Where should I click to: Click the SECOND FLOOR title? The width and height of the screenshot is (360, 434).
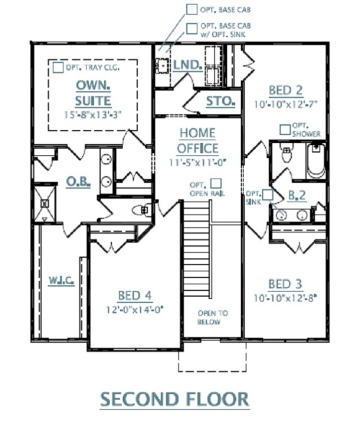[x=175, y=399]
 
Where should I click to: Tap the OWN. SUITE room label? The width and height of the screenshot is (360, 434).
[x=93, y=93]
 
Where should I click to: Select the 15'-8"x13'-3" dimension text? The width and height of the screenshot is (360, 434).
[x=93, y=115]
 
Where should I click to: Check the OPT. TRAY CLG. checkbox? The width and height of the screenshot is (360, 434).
[x=58, y=68]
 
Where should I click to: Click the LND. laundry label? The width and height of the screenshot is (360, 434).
[x=187, y=65]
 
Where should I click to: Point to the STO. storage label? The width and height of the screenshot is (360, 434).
[x=220, y=101]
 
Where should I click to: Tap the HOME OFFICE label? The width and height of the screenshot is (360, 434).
[x=197, y=141]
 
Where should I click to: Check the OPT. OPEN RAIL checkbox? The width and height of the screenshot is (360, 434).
[x=216, y=183]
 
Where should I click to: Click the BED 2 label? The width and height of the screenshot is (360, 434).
[x=285, y=90]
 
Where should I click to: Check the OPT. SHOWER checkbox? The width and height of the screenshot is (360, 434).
[x=285, y=129]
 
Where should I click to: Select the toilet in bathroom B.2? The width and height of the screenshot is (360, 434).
[x=286, y=153]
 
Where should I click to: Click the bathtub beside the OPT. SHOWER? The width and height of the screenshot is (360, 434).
[x=316, y=160]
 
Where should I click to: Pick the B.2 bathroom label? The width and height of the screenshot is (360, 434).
[x=297, y=196]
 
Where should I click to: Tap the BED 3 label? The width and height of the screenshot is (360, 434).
[x=285, y=284]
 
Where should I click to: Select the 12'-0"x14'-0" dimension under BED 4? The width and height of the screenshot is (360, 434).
[x=135, y=310]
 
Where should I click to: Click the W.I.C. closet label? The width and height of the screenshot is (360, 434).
[x=62, y=280]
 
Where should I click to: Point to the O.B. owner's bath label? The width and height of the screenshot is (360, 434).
[x=79, y=182]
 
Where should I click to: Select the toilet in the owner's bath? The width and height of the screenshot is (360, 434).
[x=142, y=210]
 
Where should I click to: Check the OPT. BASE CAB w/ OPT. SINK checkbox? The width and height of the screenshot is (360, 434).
[x=192, y=29]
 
